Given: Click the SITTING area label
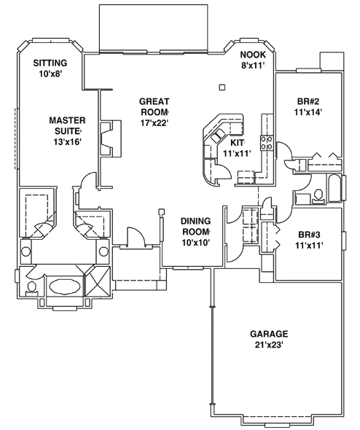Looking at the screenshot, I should (x=50, y=63).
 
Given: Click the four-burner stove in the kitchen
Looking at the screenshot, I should (x=267, y=142).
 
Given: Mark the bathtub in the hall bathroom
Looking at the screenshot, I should (x=334, y=189).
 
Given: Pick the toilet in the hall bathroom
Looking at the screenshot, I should (x=318, y=195).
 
